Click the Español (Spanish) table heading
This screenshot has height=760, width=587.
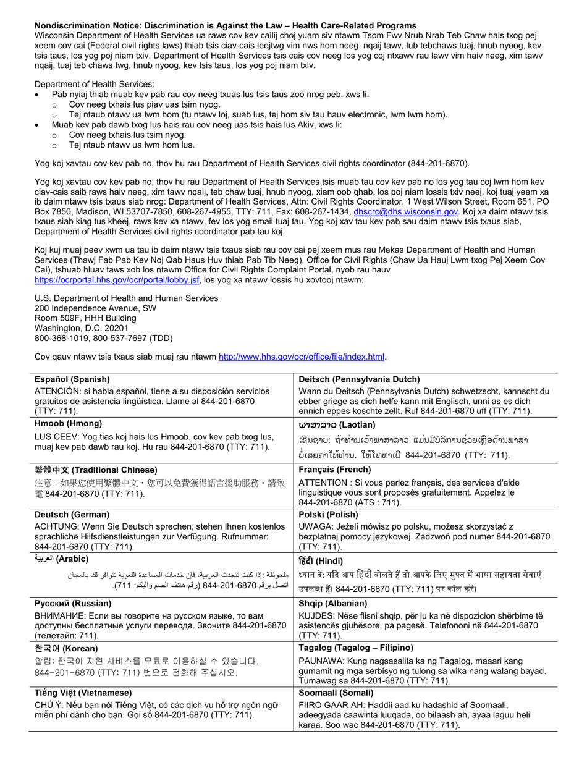pyautogui.click(x=72, y=379)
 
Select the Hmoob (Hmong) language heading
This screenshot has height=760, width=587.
pyautogui.click(x=68, y=424)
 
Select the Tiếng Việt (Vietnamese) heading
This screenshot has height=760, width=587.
pyautogui.click(x=83, y=693)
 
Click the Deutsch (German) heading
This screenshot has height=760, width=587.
pyautogui.click(x=72, y=514)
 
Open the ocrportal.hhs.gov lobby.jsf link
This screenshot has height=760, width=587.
pyautogui.click(x=117, y=280)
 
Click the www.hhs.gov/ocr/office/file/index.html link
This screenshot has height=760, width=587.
pyautogui.click(x=302, y=357)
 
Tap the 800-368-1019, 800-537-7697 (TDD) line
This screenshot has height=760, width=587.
pyautogui.click(x=103, y=338)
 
